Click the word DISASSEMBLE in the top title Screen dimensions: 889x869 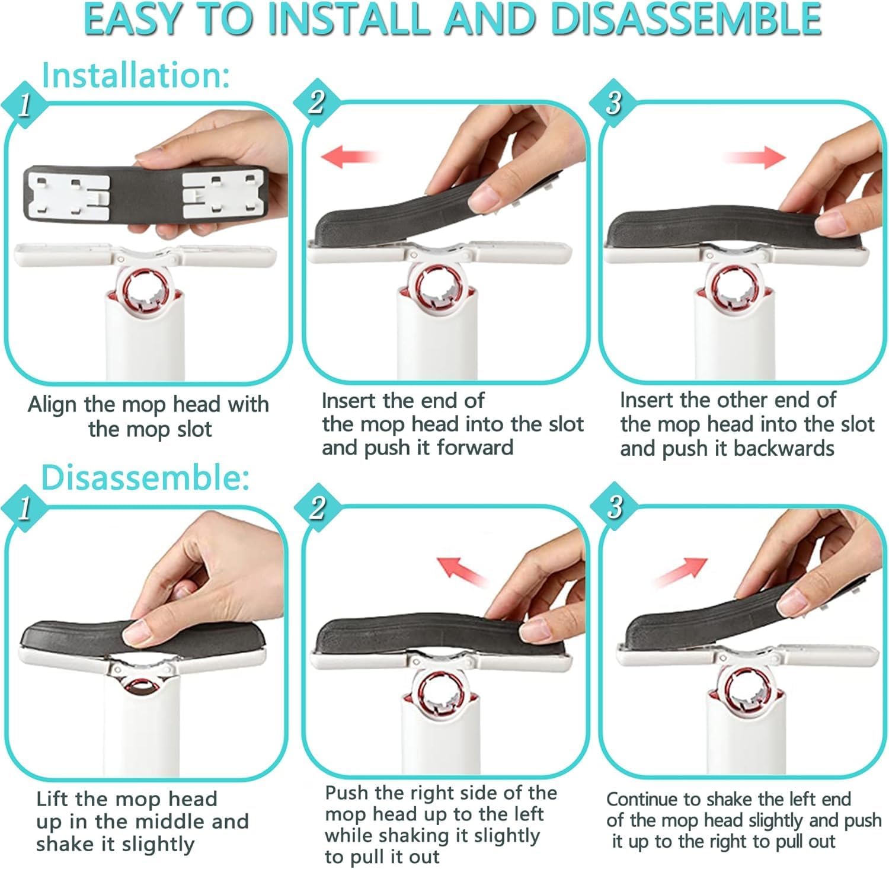click(x=685, y=19)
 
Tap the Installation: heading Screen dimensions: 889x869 click(x=136, y=75)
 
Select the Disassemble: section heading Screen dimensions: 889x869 click(x=145, y=477)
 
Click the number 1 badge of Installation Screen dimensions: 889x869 click(x=24, y=105)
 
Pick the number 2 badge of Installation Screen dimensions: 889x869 click(x=317, y=102)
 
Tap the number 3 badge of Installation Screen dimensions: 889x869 click(x=613, y=103)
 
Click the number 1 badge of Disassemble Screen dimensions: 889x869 click(x=24, y=507)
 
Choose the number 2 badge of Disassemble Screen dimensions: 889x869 click(x=318, y=507)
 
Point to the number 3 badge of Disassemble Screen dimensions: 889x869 click(x=615, y=507)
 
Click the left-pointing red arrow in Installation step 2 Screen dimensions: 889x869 click(x=350, y=157)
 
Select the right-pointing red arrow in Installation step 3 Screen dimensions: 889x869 click(x=754, y=157)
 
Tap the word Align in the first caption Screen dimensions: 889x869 click(x=53, y=405)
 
